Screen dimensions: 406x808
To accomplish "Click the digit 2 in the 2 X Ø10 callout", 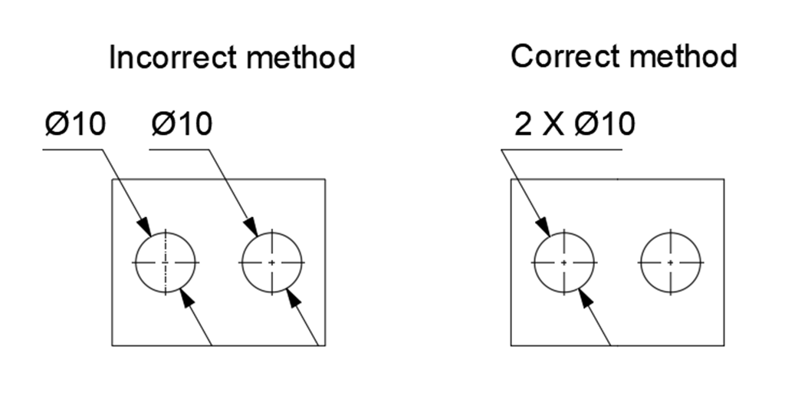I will (x=523, y=124).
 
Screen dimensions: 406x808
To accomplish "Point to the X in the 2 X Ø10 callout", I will (x=557, y=124).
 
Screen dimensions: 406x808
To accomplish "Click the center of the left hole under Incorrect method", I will (x=166, y=262).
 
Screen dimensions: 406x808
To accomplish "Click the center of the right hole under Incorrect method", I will (x=272, y=262).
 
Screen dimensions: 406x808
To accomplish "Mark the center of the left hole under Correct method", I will (x=564, y=262).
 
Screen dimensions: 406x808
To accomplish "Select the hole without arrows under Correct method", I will (x=671, y=262).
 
